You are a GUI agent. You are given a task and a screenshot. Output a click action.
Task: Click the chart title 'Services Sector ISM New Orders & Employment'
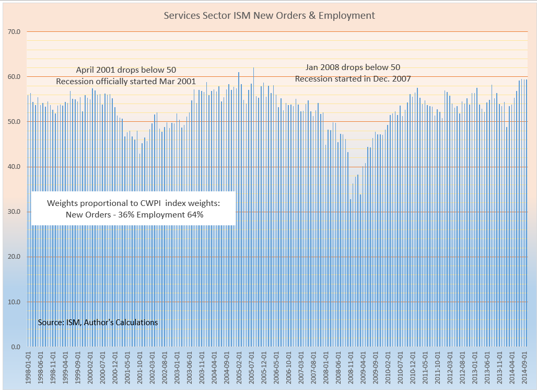tap(269, 16)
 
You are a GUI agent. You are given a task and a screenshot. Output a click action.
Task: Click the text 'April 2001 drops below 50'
tap(126, 70)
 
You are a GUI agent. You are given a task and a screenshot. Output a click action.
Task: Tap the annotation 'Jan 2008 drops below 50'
tap(353, 67)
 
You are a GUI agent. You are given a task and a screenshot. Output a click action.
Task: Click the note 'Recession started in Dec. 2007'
tap(353, 78)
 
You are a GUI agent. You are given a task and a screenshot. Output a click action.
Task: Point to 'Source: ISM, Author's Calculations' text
tap(98, 323)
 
